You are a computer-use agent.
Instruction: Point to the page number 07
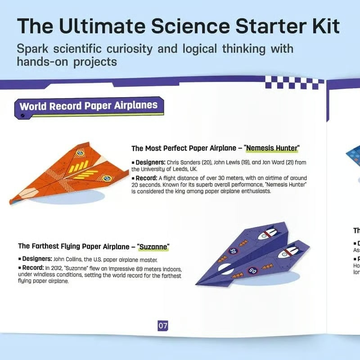click(162, 325)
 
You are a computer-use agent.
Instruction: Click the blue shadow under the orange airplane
click(67, 198)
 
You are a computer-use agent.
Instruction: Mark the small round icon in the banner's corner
click(23, 116)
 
